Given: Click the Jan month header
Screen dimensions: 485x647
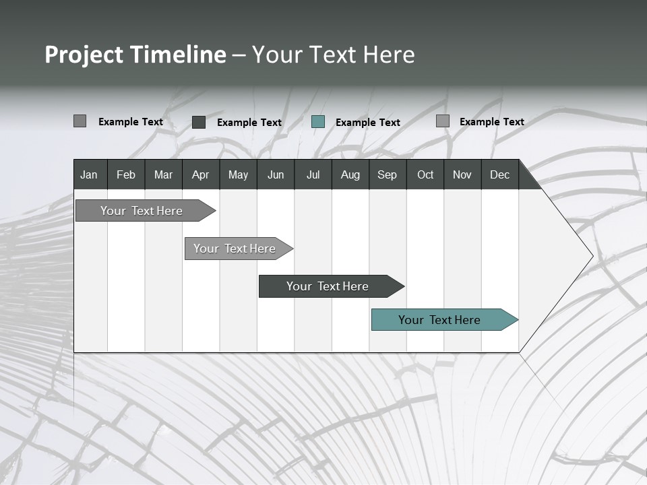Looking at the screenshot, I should click(89, 174).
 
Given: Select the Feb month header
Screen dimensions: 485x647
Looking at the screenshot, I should click(126, 174).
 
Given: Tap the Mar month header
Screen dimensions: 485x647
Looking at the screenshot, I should click(163, 174).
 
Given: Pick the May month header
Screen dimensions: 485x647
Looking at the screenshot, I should click(238, 174).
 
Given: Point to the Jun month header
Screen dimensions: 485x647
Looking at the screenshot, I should click(276, 174).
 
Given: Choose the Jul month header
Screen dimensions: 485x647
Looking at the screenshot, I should click(313, 174).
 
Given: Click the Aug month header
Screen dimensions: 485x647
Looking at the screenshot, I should click(350, 174).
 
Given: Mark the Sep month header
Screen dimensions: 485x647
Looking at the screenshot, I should click(388, 174).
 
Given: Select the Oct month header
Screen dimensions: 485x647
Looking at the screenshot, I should click(425, 174).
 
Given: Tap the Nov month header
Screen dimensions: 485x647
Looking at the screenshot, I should click(462, 174).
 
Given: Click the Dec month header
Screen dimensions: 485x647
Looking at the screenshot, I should click(500, 174).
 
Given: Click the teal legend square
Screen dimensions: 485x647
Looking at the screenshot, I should click(318, 122).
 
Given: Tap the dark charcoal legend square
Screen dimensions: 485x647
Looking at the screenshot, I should click(199, 122).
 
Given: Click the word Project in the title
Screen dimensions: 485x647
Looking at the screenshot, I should click(84, 55).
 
